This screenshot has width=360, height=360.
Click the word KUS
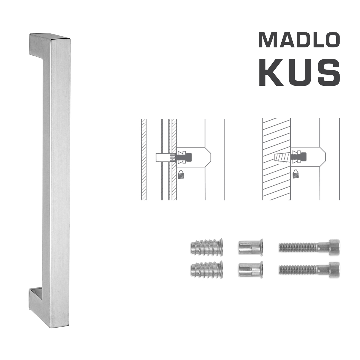pyautogui.click(x=299, y=73)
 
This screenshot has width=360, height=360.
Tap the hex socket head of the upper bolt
pyautogui.click(x=334, y=247)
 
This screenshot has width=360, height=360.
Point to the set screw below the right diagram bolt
pyautogui.click(x=296, y=174)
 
